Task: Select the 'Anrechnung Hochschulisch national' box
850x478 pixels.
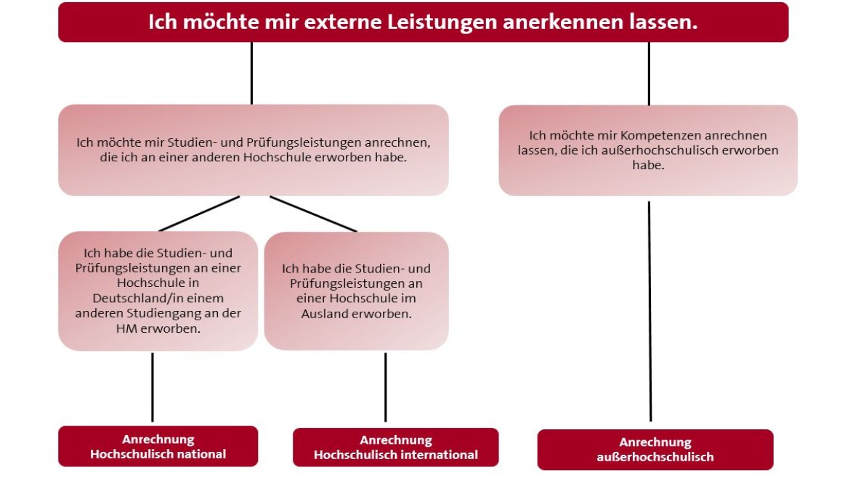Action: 158,446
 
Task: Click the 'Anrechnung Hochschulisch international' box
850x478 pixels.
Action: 396,447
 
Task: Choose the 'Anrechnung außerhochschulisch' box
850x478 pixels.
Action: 655,449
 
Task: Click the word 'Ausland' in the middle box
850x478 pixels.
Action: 323,314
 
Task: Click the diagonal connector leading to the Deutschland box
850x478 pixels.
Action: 199,214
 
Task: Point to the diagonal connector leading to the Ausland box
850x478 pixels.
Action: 313,214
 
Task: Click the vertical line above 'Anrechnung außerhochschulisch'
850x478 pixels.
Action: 649,311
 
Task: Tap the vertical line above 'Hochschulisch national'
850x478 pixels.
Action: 153,387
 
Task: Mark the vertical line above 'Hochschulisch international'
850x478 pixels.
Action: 386,387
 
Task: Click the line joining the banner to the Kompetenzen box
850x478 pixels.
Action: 649,73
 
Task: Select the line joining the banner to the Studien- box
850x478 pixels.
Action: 251,73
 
